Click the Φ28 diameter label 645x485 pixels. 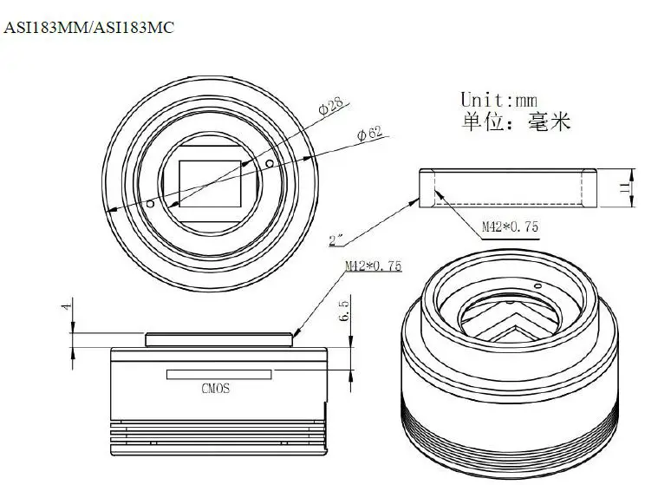(330, 108)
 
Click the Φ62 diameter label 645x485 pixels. (370, 134)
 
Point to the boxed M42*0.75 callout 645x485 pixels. (509, 227)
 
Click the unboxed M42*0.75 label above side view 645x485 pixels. (374, 266)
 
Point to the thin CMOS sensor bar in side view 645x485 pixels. (217, 374)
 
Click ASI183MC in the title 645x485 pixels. (134, 28)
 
